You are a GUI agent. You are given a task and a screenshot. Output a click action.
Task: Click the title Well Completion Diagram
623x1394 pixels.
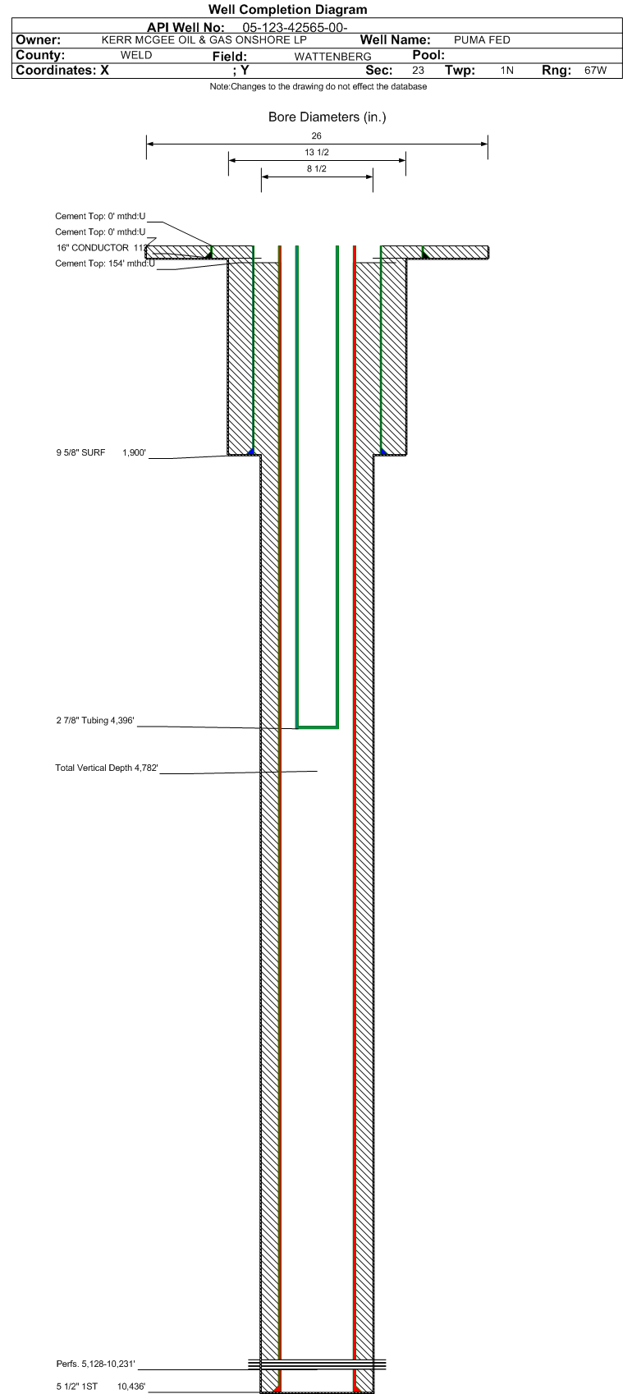point(287,9)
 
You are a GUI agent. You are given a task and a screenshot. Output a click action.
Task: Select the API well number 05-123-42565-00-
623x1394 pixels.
point(295,27)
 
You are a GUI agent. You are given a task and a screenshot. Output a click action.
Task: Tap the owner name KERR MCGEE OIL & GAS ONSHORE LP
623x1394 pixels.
point(204,40)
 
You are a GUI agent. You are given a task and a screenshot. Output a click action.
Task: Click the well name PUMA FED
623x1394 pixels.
point(482,40)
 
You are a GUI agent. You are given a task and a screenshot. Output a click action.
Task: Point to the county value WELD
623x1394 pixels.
point(136,55)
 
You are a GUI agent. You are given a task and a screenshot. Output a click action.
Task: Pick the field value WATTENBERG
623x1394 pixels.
point(333,57)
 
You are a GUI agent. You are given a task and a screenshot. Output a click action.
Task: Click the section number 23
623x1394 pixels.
point(419,71)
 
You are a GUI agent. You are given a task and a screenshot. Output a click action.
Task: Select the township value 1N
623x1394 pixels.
point(507,71)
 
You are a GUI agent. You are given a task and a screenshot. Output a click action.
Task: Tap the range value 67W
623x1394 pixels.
point(596,71)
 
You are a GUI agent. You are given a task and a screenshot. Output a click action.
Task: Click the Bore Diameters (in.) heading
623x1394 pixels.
point(328,117)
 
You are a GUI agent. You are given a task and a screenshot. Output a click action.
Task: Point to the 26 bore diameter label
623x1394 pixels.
point(317,135)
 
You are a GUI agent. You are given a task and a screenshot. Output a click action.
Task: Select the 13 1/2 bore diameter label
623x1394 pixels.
point(317,153)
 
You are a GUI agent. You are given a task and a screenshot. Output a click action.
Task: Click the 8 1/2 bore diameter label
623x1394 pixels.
point(317,168)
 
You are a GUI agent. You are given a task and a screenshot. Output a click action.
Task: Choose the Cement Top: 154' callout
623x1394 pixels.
point(105,264)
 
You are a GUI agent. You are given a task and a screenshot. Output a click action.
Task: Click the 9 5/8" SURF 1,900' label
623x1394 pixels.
point(101,452)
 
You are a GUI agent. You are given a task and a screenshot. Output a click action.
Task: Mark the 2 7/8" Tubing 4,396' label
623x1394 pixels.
point(95,721)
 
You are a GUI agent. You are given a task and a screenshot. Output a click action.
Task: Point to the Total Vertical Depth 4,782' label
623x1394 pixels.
point(107,768)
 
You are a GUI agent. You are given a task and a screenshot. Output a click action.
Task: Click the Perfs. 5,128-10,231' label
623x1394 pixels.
point(95,1364)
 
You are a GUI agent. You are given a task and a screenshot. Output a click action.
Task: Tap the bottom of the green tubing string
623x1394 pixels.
point(318,727)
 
